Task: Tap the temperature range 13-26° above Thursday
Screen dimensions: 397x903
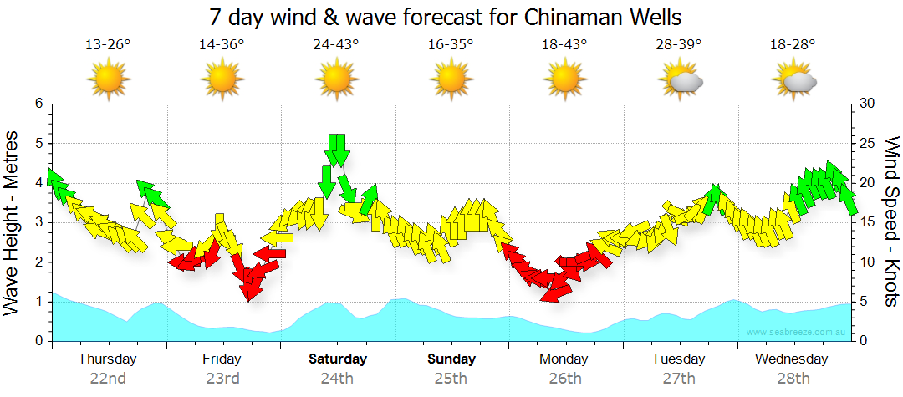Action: [x=108, y=44]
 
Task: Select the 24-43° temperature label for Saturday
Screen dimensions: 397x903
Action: [x=336, y=44]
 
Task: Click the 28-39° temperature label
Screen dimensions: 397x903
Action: [x=679, y=44]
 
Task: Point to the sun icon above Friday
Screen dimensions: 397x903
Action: [x=222, y=80]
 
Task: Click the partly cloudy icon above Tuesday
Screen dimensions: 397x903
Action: [x=681, y=80]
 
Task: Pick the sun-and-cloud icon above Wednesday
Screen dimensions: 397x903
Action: [x=795, y=80]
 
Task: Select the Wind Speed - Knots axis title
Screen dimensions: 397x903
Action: [x=890, y=222]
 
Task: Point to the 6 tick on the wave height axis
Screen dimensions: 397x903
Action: [x=38, y=104]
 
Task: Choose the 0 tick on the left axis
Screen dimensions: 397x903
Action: [x=38, y=341]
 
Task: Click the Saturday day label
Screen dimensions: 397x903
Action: [x=337, y=359]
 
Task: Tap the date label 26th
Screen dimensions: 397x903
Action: [x=565, y=378]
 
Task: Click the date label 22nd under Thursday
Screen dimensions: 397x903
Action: [x=108, y=378]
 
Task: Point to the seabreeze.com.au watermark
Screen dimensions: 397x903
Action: [x=796, y=332]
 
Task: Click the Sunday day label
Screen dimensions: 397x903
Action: [x=451, y=359]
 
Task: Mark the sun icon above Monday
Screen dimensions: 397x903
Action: [x=565, y=80]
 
